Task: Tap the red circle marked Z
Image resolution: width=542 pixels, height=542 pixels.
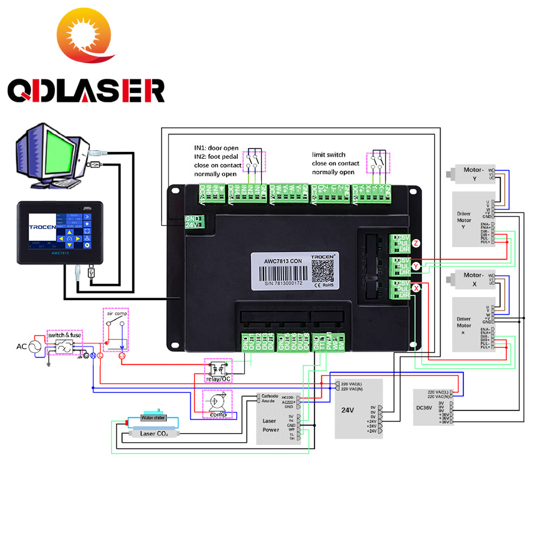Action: pos(416,243)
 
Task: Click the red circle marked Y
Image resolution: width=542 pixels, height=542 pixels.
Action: pos(416,266)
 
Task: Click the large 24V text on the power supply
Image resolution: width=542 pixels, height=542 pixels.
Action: pos(347,410)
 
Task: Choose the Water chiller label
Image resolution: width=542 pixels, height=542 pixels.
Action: pos(153,418)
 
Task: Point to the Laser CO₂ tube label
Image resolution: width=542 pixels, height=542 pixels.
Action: pos(154,434)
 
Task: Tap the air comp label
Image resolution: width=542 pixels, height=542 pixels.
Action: pos(117,314)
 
